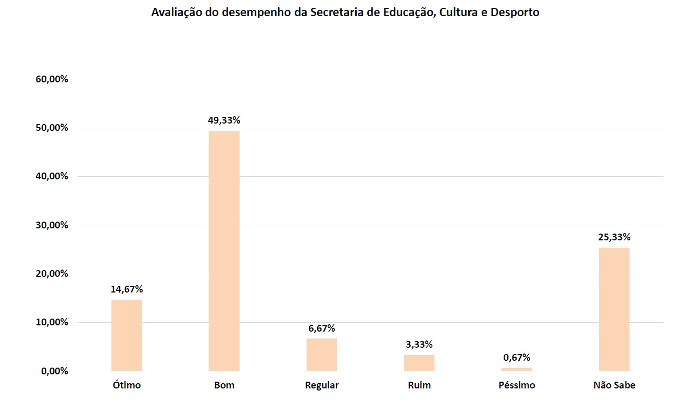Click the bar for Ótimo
pyautogui.click(x=127, y=335)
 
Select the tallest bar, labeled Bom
pyautogui.click(x=224, y=251)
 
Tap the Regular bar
pyautogui.click(x=321, y=355)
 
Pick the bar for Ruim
pyautogui.click(x=419, y=363)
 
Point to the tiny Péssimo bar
pyautogui.click(x=517, y=369)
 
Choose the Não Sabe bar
pyautogui.click(x=614, y=309)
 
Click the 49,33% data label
pyautogui.click(x=224, y=120)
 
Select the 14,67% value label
pyautogui.click(x=127, y=289)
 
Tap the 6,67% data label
pyautogui.click(x=321, y=328)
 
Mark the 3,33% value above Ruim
pyautogui.click(x=419, y=345)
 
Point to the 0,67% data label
pyautogui.click(x=517, y=358)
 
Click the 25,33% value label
pyautogui.click(x=614, y=237)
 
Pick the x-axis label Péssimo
pyautogui.click(x=517, y=386)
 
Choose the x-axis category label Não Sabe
pyautogui.click(x=614, y=386)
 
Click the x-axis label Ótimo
pyautogui.click(x=127, y=386)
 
